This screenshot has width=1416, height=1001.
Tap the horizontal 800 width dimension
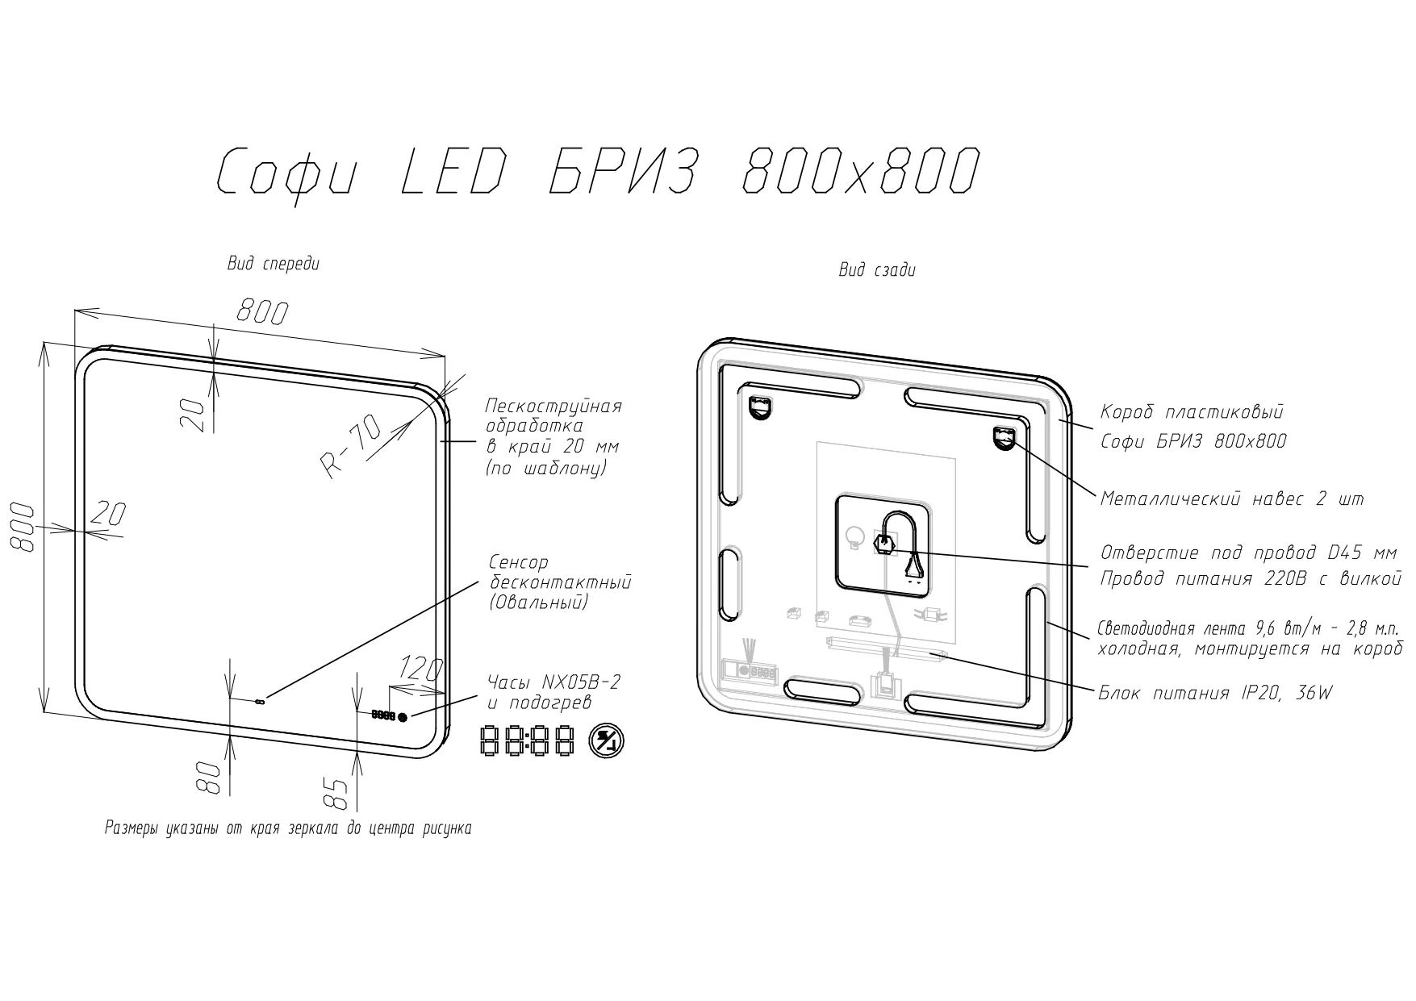261,311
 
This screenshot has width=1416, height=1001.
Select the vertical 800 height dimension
23,528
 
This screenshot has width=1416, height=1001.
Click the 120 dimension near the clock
421,669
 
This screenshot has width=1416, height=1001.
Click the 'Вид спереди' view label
274,264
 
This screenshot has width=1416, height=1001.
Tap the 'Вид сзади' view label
877,270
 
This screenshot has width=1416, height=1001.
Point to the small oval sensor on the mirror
259,702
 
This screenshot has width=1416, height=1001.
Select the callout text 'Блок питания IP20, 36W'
1215,692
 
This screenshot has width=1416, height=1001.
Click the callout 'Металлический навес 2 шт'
1232,499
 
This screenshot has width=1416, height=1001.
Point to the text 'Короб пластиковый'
1192,413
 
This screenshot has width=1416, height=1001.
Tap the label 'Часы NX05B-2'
554,682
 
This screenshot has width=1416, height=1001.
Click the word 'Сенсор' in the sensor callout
519,562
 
